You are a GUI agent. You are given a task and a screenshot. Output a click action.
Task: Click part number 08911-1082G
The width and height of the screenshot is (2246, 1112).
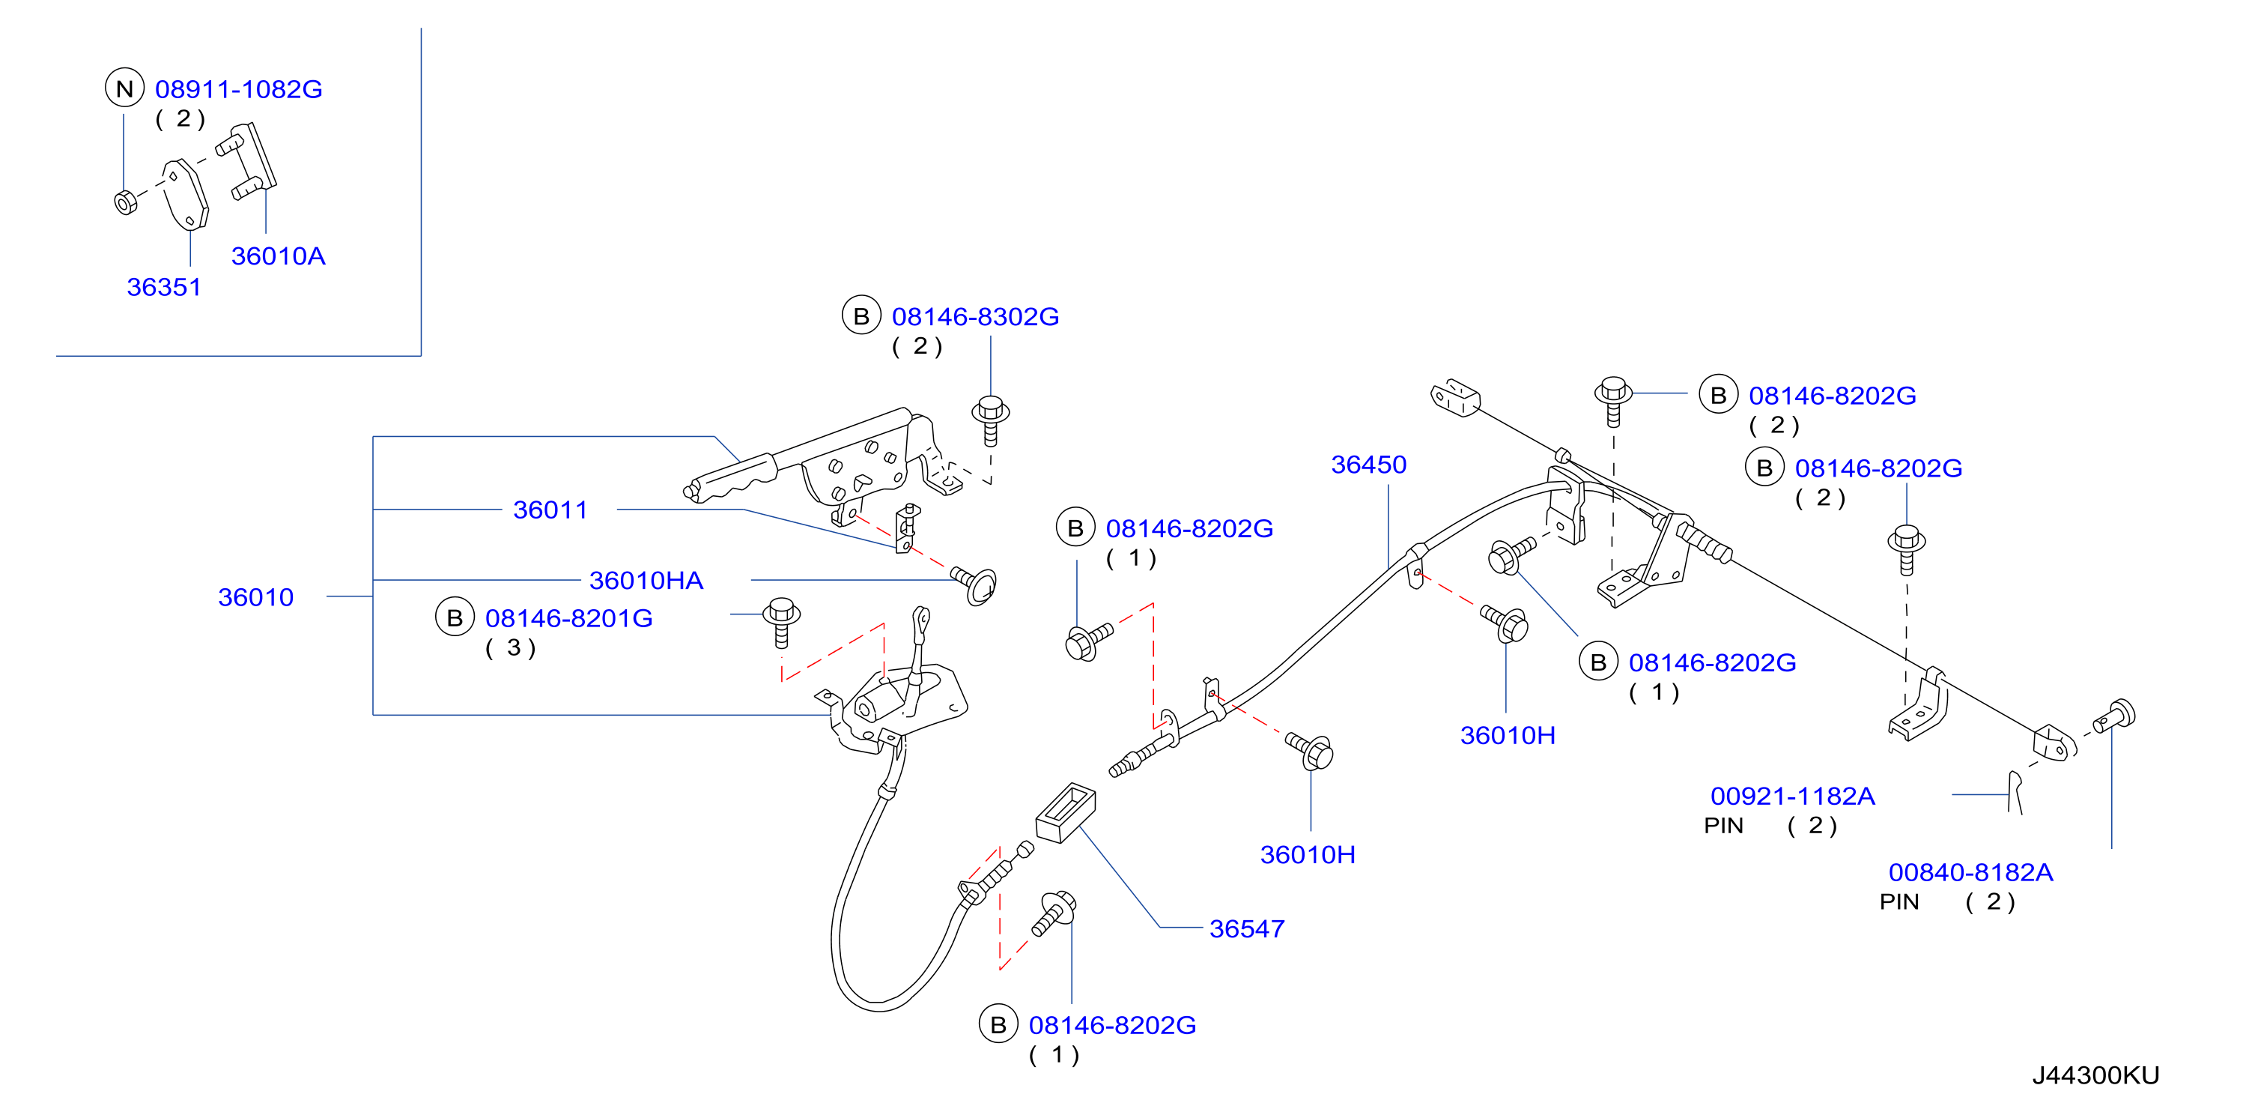pos(238,89)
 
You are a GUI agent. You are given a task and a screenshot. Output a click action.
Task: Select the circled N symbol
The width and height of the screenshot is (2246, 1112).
pos(124,88)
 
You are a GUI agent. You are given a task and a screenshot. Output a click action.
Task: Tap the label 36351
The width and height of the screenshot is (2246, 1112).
pos(164,287)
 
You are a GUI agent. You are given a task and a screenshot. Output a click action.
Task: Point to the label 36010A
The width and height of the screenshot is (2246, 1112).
pos(278,256)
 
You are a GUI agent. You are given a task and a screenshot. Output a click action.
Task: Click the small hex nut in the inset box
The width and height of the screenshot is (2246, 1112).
pos(126,202)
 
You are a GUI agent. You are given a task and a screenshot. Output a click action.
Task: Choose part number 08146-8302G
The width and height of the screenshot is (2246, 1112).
pos(975,317)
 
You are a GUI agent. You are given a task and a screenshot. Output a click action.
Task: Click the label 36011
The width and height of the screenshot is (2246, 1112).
pos(550,510)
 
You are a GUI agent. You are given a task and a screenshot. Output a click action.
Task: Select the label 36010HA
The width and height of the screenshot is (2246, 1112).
pos(646,580)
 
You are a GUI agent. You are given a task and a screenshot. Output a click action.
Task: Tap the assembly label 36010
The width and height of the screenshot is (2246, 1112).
pos(255,596)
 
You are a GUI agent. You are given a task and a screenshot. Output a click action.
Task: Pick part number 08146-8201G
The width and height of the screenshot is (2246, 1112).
pos(568,618)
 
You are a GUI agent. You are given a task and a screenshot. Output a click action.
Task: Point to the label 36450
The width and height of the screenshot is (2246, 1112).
pos(1369,464)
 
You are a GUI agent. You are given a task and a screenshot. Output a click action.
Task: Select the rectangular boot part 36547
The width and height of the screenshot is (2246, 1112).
pos(1066,812)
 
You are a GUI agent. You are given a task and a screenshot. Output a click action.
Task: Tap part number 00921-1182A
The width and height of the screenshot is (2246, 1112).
pos(1793,795)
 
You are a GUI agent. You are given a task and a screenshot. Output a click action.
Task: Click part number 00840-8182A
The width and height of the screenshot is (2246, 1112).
pos(1970,872)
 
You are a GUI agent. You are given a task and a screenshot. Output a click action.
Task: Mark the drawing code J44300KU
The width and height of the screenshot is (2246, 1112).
pos(2096,1075)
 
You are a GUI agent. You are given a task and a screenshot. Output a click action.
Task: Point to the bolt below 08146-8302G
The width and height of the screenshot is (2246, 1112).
pos(991,420)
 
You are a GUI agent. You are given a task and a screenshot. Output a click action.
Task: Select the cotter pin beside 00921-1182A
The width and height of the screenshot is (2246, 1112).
pos(2014,792)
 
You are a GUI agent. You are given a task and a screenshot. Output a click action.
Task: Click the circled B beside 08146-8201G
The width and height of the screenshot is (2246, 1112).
pos(455,617)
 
